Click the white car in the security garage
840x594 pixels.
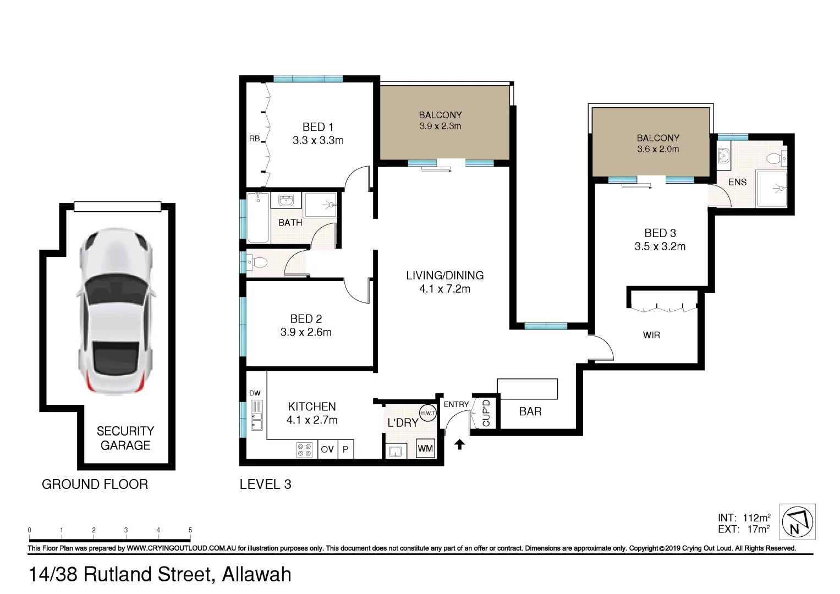[116, 311]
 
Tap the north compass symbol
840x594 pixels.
[797, 522]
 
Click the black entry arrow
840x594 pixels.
[459, 444]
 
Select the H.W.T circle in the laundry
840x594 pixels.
[427, 413]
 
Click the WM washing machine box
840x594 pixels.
[425, 448]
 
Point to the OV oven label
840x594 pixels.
[327, 449]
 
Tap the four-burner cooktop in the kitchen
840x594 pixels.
[304, 449]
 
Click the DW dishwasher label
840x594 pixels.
[255, 393]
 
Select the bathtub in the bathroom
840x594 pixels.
[258, 217]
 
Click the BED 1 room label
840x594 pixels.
[318, 127]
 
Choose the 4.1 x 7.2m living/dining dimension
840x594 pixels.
[444, 289]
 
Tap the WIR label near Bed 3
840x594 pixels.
[651, 335]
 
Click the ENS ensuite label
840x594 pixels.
[737, 182]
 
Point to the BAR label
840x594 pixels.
[530, 411]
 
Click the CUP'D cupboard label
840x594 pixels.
[486, 413]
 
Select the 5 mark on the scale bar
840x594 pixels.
[190, 531]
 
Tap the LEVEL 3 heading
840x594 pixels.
[265, 485]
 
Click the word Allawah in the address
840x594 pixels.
[256, 574]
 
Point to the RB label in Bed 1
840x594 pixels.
[254, 139]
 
